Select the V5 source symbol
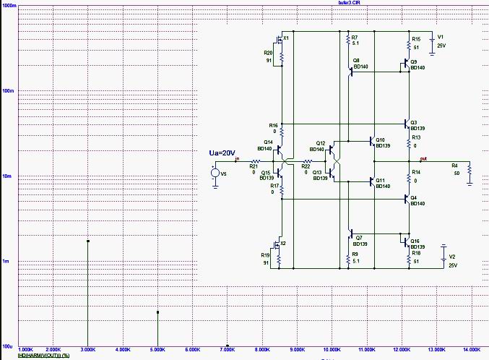pos(215,173)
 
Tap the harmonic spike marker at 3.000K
pos(87,241)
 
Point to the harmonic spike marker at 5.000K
pos(157,312)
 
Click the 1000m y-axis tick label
pos(11,6)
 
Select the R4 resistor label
pos(454,166)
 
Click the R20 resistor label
pos(268,53)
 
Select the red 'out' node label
pos(423,158)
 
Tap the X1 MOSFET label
pos(286,38)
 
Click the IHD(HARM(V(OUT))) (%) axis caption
pos(43,355)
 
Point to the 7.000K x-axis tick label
pos(228,349)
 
